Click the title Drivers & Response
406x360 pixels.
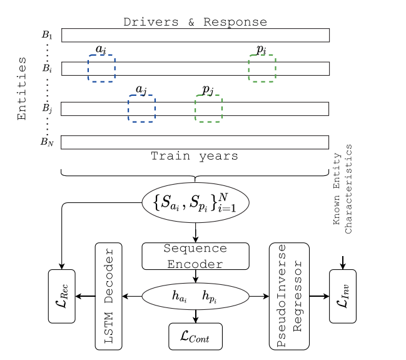(195, 23)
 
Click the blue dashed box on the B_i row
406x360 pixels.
(101, 68)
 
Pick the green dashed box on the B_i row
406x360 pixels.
(261, 68)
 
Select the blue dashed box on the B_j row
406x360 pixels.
(141, 108)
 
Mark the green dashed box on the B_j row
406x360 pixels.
(208, 108)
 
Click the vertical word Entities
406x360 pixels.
(22, 88)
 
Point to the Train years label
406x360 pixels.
(195, 156)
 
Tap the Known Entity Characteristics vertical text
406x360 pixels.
(344, 189)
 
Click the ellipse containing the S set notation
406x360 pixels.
(196, 203)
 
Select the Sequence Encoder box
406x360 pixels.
(195, 256)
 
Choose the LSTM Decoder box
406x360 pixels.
(108, 296)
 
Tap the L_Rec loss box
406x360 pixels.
(61, 296)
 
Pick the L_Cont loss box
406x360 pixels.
(195, 337)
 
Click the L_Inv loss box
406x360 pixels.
(342, 296)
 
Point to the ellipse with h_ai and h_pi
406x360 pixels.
(195, 296)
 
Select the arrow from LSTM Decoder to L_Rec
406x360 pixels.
(85, 296)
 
